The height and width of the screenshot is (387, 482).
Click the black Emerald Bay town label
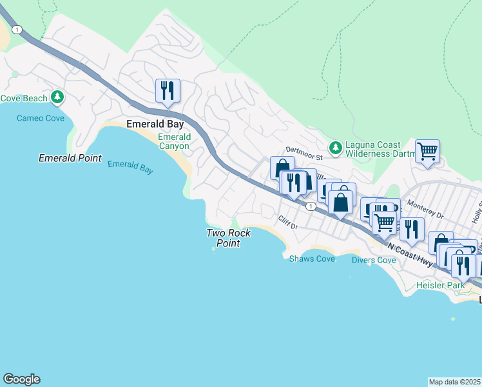[x=155, y=124]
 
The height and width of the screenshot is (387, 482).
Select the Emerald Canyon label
[x=174, y=141]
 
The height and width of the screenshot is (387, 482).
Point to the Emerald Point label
[x=70, y=158]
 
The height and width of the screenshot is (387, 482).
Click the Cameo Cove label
[x=40, y=118]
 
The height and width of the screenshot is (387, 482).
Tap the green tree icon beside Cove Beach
[x=58, y=97]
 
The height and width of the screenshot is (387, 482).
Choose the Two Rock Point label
[x=228, y=238]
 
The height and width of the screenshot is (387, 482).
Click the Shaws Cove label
[x=312, y=259]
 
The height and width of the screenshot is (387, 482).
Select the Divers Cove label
[x=374, y=260]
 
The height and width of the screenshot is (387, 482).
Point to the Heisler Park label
[x=440, y=284]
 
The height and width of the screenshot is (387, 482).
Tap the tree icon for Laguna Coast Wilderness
[x=335, y=148]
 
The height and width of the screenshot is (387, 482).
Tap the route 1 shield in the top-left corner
[x=16, y=30]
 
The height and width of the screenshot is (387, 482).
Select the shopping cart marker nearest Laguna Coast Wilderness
[x=427, y=152]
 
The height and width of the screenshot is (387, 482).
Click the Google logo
[x=21, y=379]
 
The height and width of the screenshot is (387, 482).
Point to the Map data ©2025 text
[x=455, y=382]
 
